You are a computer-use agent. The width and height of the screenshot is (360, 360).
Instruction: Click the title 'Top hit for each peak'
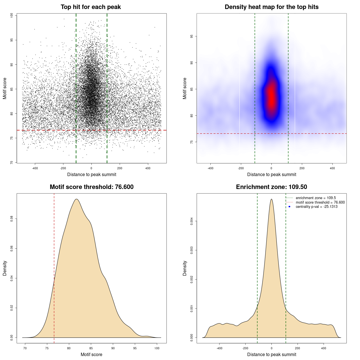pos(91,7)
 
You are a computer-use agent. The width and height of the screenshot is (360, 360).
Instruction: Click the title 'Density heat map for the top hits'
pos(271,7)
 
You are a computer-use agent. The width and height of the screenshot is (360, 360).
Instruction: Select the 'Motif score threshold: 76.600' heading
pos(91,187)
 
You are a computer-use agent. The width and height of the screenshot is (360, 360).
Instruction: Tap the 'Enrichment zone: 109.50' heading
pos(271,187)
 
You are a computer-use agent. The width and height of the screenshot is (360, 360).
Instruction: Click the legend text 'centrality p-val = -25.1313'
pos(316,207)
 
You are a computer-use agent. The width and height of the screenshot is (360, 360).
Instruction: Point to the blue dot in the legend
pos(289,207)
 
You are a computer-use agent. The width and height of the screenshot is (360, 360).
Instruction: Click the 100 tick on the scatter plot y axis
pos(12,15)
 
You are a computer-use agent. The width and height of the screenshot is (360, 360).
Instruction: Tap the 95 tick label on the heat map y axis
pos(192,36)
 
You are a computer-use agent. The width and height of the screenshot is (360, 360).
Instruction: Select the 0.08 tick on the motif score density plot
pos(12,219)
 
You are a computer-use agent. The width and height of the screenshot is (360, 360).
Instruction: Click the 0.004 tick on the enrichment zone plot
pos(192,221)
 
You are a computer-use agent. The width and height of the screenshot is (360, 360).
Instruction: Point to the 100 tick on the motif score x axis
pos(157,348)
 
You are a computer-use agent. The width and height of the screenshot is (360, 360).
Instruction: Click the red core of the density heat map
pos(271,96)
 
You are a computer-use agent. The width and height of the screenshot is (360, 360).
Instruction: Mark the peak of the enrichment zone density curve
pos(271,199)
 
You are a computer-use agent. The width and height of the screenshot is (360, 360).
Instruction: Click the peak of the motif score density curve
pos(76,199)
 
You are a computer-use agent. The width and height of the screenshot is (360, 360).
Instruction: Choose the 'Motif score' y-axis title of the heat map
pos(185,88)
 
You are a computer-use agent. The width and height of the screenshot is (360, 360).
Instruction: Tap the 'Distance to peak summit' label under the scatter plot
pos(92,175)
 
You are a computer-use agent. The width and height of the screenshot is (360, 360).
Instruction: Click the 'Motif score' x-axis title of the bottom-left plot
pos(91,355)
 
